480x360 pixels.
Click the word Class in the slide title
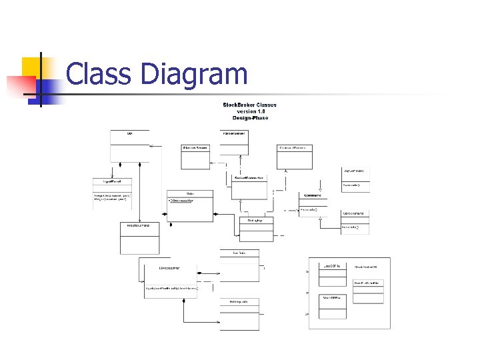point(99,74)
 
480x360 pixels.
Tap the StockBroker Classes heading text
point(249,105)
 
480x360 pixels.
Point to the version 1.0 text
point(249,111)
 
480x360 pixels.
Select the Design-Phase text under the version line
point(249,118)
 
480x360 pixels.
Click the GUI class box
point(129,145)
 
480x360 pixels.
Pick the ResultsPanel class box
point(139,238)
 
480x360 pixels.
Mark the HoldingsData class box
point(239,314)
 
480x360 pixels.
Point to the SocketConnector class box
point(250,187)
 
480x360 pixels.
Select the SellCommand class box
point(355,222)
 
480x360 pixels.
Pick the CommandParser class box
point(295,157)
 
